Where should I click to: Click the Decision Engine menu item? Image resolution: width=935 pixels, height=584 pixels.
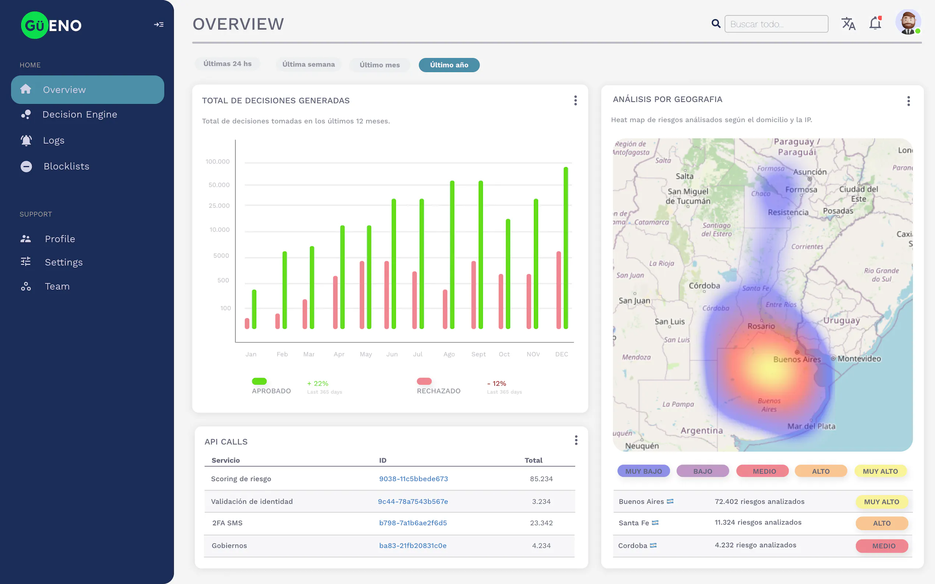tap(79, 114)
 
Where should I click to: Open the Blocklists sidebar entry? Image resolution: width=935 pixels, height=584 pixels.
tap(66, 166)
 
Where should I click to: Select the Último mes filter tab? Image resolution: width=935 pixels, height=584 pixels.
tap(379, 65)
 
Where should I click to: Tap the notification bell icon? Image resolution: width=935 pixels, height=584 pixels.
tap(875, 24)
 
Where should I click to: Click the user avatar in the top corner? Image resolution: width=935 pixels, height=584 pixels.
tap(907, 22)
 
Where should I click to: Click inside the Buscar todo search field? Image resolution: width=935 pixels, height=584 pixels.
tap(776, 24)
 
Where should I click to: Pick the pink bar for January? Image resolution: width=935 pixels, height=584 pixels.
tap(247, 323)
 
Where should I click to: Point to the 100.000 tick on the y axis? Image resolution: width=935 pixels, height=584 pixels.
tap(217, 161)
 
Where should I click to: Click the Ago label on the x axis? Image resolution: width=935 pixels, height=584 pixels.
tap(449, 354)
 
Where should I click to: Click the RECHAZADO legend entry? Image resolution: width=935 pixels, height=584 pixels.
tap(438, 391)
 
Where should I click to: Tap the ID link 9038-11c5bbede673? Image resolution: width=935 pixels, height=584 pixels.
tap(413, 478)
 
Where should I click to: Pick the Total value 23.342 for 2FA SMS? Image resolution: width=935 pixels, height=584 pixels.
tap(541, 523)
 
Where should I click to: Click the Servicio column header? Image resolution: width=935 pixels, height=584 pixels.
tap(226, 460)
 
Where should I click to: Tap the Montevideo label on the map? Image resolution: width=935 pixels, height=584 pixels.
tap(859, 359)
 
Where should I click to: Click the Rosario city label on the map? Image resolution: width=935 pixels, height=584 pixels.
tap(761, 326)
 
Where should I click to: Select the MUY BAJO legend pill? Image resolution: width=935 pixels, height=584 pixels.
tap(643, 471)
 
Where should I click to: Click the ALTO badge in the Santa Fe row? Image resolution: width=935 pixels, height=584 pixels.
tap(881, 523)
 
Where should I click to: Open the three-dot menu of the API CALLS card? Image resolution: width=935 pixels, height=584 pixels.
tap(576, 440)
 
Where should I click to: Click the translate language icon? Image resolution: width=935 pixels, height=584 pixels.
tap(848, 24)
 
